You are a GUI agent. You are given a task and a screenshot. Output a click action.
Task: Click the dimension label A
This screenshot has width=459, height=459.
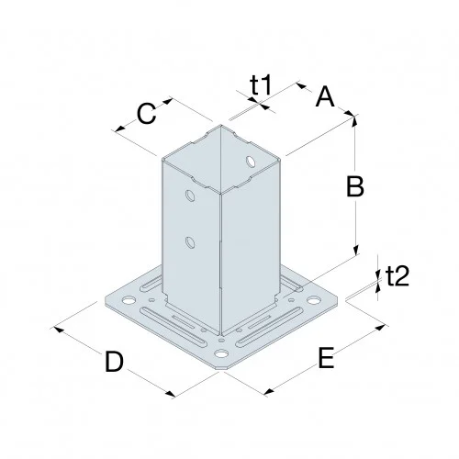coord(325,95)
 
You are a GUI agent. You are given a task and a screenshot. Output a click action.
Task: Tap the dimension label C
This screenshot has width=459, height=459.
coord(146,114)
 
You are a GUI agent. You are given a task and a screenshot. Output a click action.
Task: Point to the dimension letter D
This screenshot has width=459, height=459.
coord(113,362)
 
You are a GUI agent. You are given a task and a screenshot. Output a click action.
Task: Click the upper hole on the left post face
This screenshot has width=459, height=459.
coord(189,196)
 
